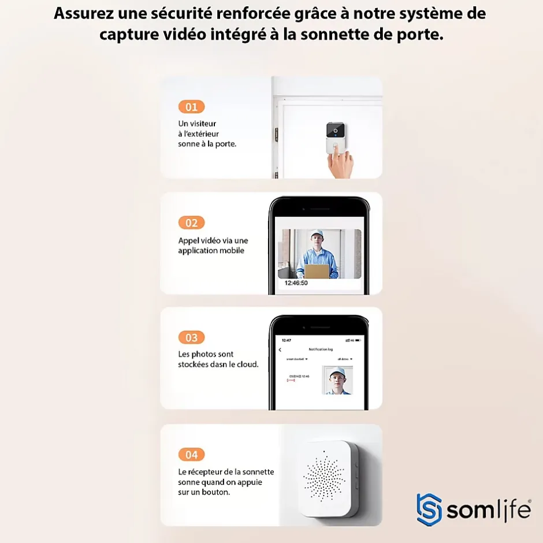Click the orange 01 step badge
point(191,107)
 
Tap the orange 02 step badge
point(191,223)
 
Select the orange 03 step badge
point(191,338)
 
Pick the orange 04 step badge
point(191,455)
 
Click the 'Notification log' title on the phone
point(321,349)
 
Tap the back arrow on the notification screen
point(280,349)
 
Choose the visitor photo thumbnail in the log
point(337,380)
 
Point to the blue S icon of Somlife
point(429,509)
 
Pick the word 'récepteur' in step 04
point(204,472)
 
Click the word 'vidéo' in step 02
point(213,240)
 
